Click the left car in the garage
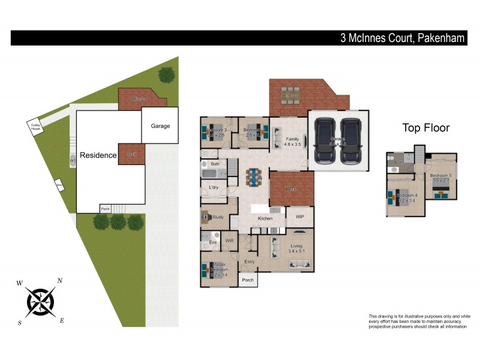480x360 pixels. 325,140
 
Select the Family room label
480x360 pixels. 292,139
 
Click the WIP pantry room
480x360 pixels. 299,216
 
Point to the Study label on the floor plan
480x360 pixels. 218,217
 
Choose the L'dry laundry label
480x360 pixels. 214,188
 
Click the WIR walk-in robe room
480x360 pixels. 229,241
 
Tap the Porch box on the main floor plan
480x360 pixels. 247,280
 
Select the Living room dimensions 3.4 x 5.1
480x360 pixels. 296,251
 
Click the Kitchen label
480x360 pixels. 265,219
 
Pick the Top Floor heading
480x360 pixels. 425,128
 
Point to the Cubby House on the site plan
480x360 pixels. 36,127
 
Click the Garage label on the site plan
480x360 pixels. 160,126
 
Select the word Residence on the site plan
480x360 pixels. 98,155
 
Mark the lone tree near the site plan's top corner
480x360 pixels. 167,74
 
